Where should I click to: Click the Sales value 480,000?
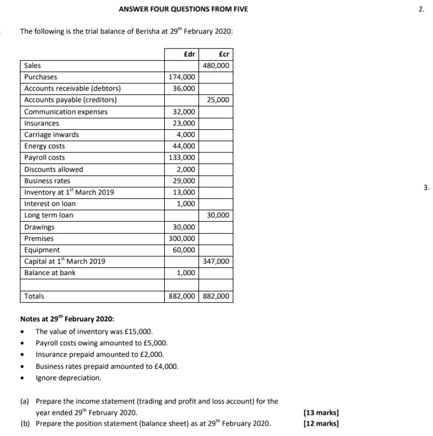pyautogui.click(x=217, y=65)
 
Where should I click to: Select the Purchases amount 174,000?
pyautogui.click(x=183, y=77)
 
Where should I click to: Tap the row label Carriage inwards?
pyautogui.click(x=51, y=135)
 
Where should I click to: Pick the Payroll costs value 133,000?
pyautogui.click(x=183, y=158)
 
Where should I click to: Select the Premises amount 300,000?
pyautogui.click(x=183, y=238)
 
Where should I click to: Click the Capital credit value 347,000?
pyautogui.click(x=217, y=262)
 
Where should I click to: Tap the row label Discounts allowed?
pyautogui.click(x=54, y=169)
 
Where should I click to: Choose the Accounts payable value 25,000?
pyautogui.click(x=219, y=100)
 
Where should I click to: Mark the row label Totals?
pyautogui.click(x=34, y=296)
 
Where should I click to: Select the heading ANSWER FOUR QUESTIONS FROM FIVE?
pyautogui.click(x=174, y=9)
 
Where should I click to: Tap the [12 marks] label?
pyautogui.click(x=322, y=423)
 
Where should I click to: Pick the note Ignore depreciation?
pyautogui.click(x=68, y=378)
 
